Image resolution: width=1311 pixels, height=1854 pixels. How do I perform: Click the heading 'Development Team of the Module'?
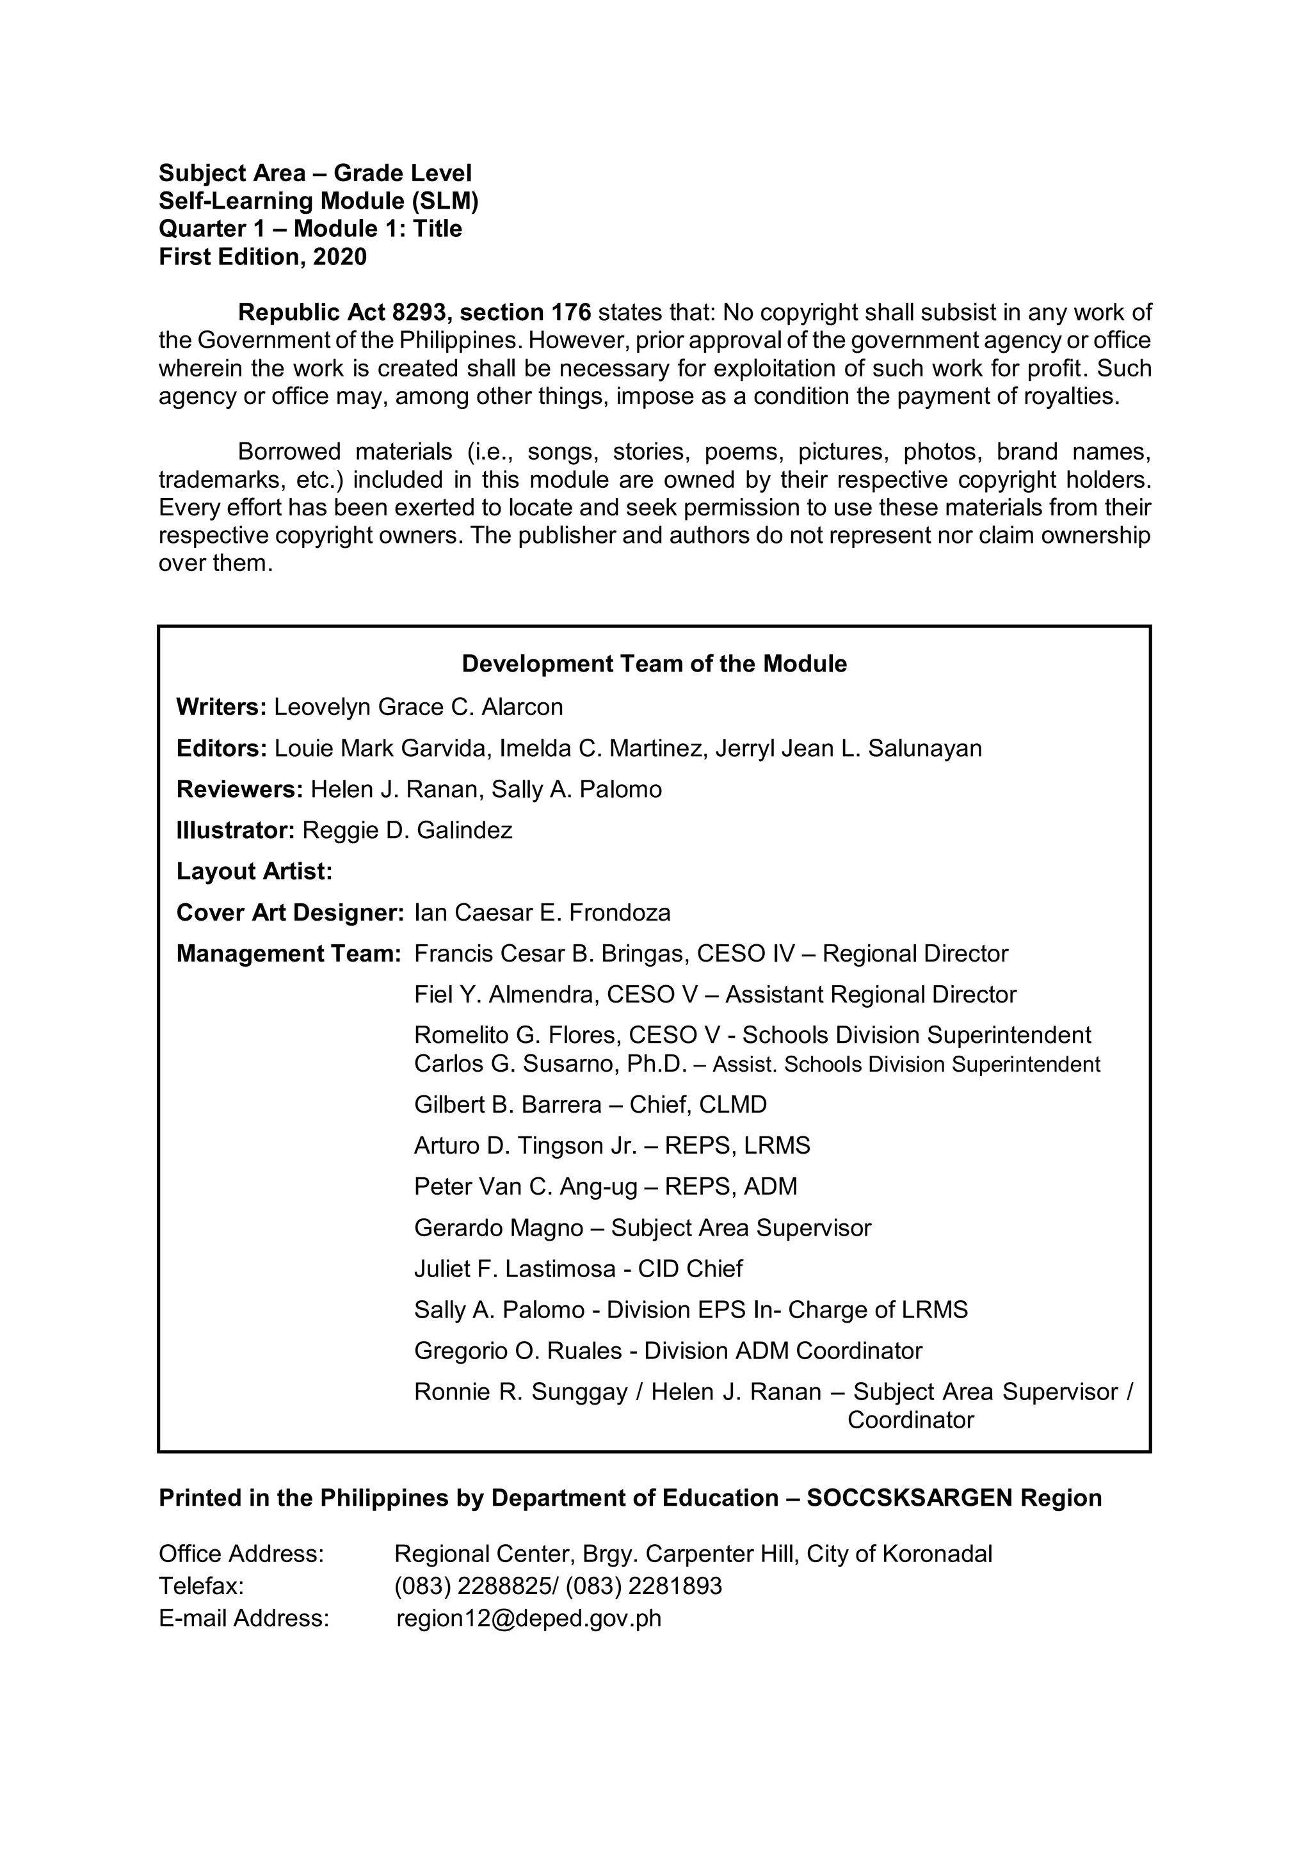[x=654, y=664]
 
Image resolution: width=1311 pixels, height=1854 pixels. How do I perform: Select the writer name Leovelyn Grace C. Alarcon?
[x=418, y=707]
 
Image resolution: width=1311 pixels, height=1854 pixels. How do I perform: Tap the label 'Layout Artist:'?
[x=254, y=871]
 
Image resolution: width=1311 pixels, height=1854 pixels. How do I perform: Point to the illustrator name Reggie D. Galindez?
[x=407, y=830]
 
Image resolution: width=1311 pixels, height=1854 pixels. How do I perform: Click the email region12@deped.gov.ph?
[x=529, y=1618]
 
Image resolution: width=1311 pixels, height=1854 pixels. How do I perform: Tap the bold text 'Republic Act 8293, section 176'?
[x=415, y=312]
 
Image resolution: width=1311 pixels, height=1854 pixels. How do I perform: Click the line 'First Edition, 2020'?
[x=262, y=257]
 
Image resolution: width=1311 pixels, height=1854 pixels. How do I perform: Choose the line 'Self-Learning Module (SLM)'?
[x=319, y=201]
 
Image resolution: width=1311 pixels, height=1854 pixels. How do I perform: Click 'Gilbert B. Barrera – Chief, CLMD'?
[x=590, y=1104]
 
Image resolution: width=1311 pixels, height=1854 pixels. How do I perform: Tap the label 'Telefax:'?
[x=201, y=1586]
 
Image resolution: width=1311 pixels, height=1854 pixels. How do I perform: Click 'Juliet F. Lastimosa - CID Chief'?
[x=578, y=1269]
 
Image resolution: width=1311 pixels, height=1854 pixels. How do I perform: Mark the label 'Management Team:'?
[x=288, y=954]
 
